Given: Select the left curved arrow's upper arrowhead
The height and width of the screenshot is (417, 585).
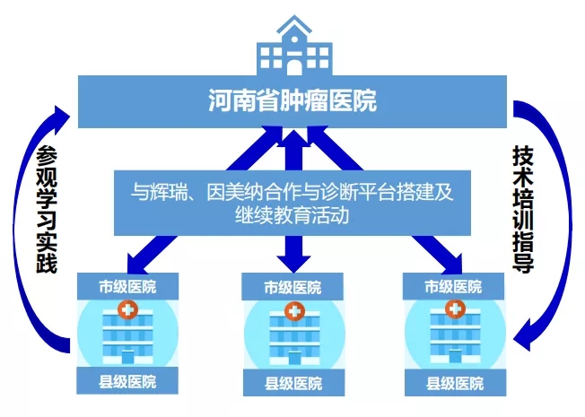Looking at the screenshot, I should point(63,114).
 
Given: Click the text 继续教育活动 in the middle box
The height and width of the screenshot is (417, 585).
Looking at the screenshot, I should point(292,216).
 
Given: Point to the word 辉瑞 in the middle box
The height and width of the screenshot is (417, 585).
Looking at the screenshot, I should point(177,190).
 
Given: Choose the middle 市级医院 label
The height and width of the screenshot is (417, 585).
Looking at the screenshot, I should point(292,288).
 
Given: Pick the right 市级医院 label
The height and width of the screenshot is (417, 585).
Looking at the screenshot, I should point(454,287).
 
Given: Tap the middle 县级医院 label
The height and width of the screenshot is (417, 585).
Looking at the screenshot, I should point(292,385).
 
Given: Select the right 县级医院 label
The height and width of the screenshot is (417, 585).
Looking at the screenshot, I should point(454,384).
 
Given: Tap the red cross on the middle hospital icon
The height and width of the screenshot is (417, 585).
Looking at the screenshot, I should point(292,311).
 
